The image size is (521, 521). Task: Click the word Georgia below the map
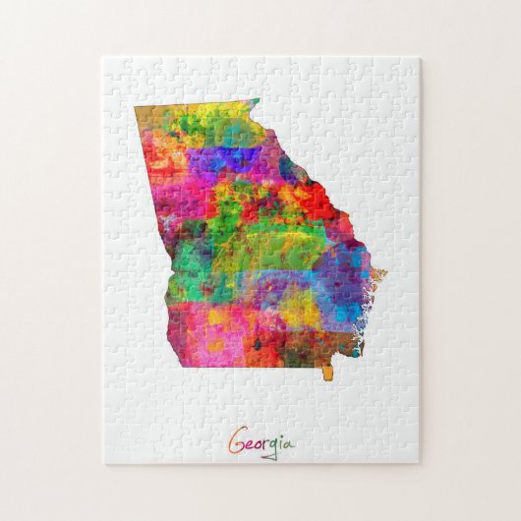261,443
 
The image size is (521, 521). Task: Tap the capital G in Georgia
237,442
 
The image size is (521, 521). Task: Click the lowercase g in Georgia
274,448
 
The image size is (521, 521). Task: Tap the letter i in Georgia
281,443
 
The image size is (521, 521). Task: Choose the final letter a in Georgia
289,445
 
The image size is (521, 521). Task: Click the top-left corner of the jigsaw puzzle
102,57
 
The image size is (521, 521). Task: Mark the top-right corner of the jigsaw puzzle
420,57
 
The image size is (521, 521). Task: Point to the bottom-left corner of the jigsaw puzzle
102,463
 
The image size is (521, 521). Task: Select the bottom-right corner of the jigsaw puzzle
420,463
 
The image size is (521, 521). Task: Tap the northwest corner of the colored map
137,108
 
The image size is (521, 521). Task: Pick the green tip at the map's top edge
254,101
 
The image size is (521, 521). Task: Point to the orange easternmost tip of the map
381,273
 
